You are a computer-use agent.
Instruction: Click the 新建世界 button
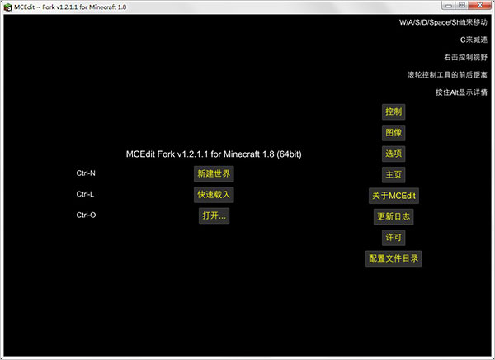(x=214, y=174)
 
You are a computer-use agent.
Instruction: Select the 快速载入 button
(x=214, y=195)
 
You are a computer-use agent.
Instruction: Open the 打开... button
(x=214, y=216)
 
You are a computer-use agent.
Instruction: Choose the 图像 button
(x=394, y=133)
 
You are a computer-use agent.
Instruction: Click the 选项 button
(x=394, y=154)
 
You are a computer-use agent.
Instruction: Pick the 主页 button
(x=394, y=175)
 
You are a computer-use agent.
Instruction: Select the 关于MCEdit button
(x=394, y=196)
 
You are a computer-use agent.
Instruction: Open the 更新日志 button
(x=394, y=217)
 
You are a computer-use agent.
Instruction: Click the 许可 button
(x=394, y=238)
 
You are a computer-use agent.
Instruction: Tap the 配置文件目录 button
(x=394, y=258)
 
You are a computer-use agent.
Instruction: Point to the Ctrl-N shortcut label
(x=87, y=174)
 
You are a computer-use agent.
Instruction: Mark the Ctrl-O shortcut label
(x=87, y=216)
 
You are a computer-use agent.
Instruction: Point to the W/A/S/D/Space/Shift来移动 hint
(x=437, y=22)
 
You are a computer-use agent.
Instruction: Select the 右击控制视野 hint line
(x=459, y=58)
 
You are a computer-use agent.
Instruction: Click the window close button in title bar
(x=483, y=6)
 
